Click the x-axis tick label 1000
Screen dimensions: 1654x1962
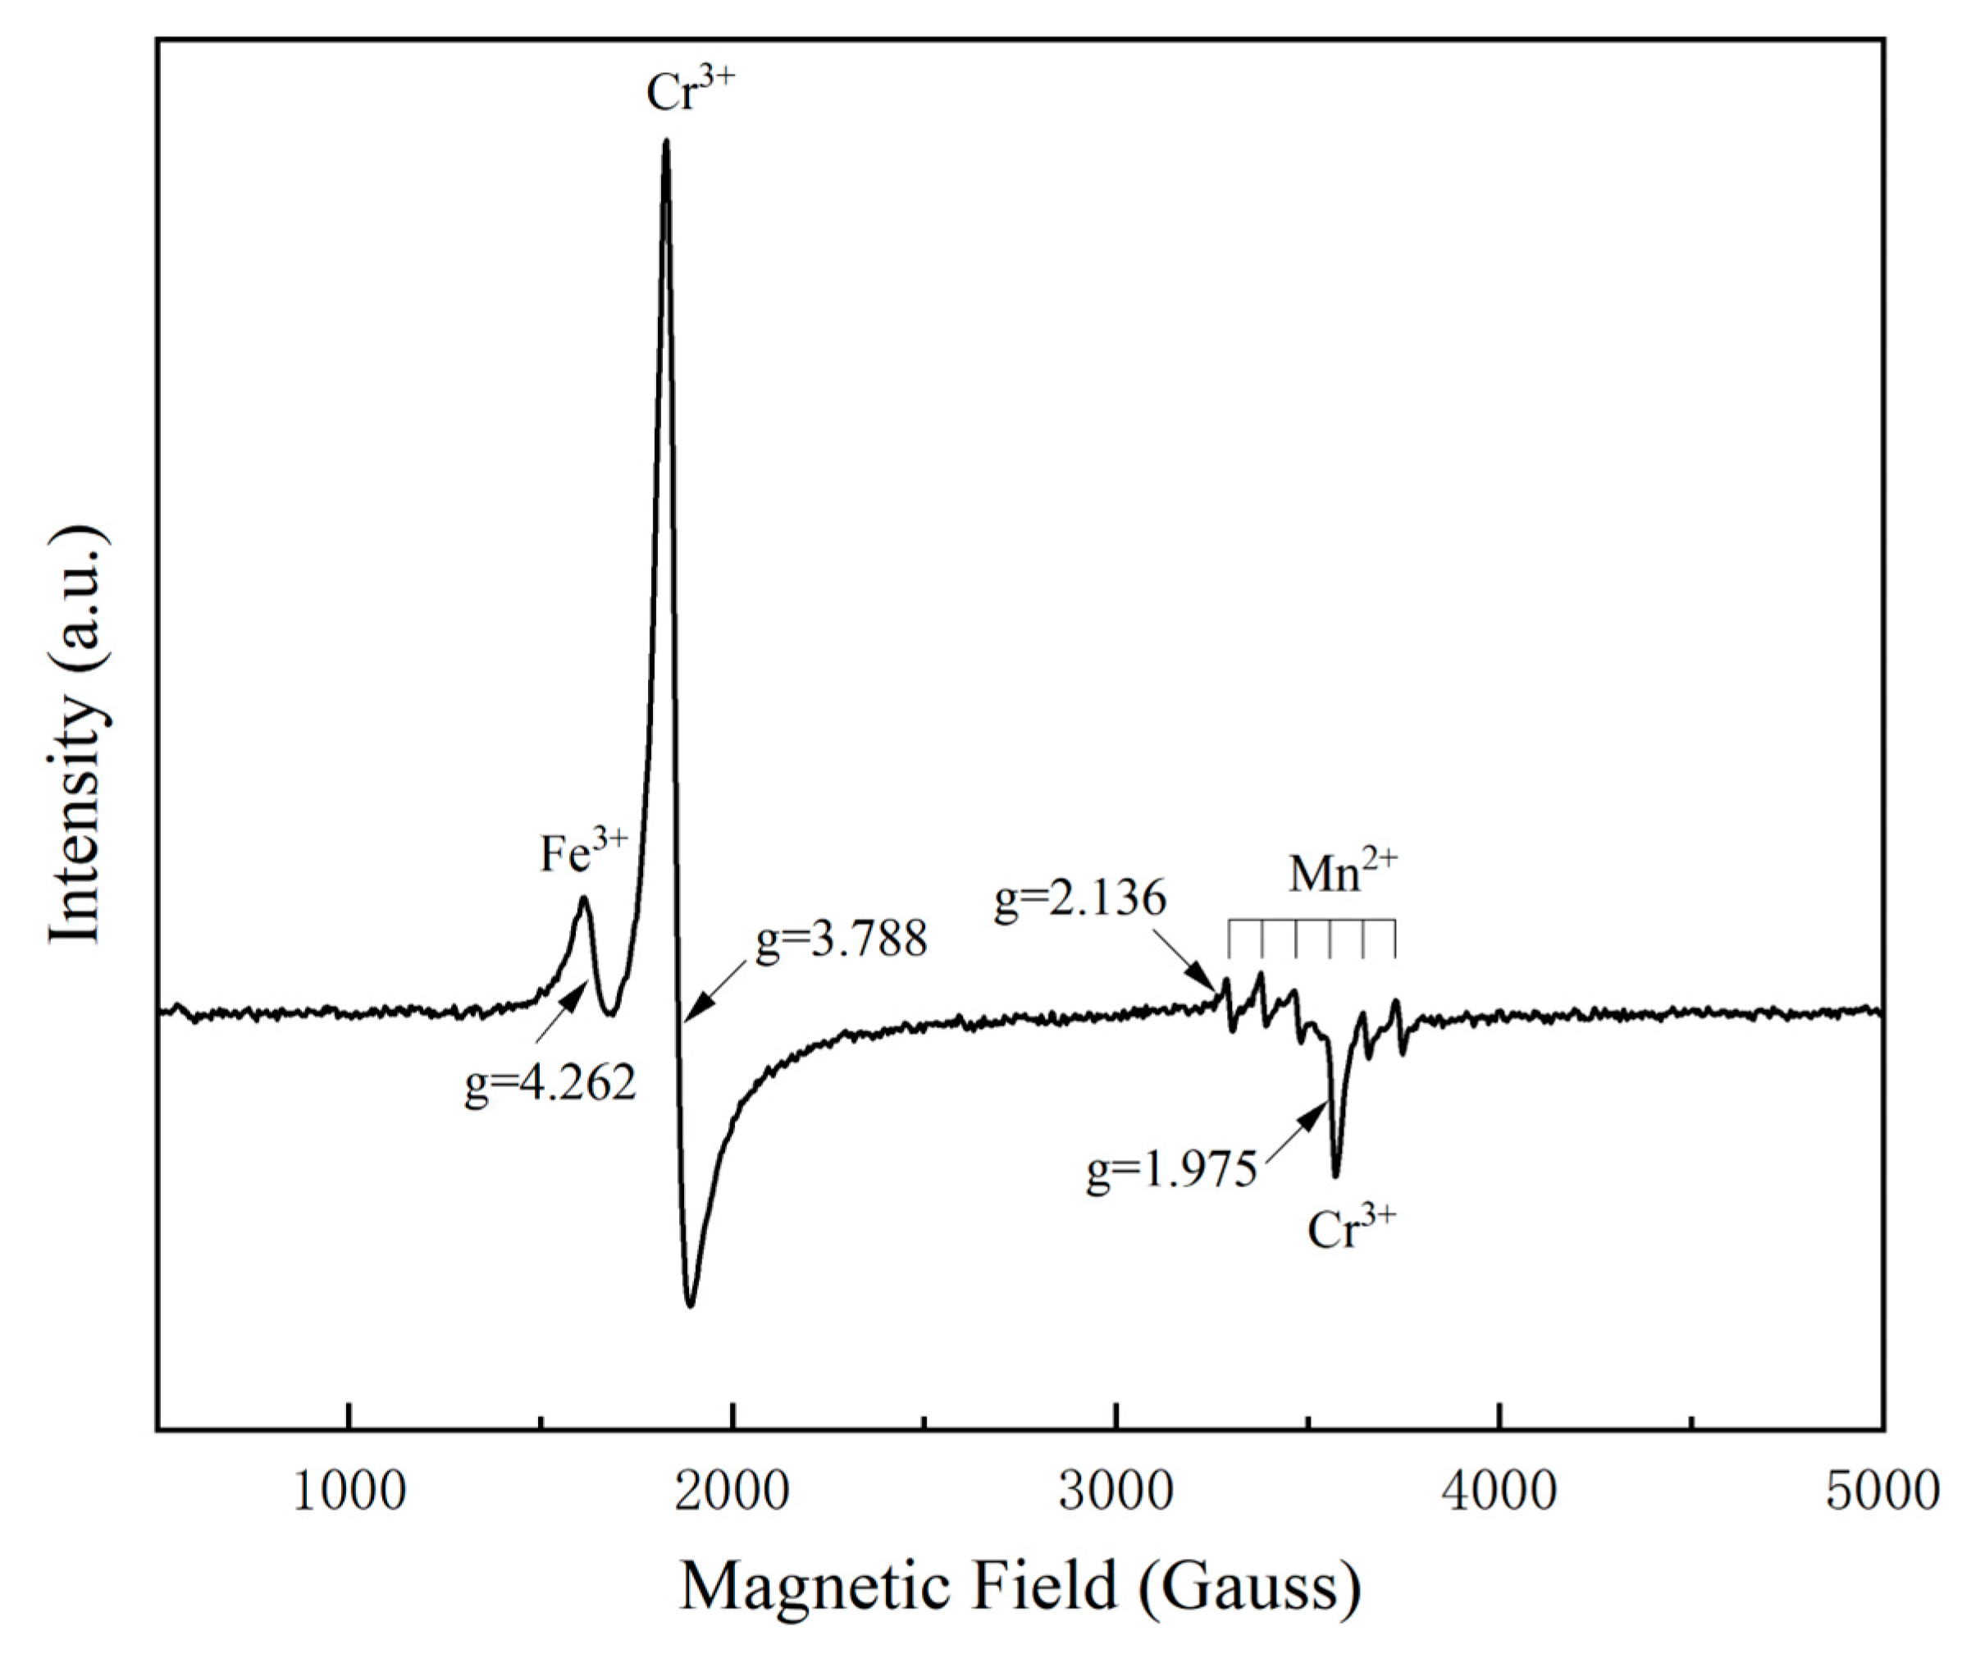pyautogui.click(x=349, y=1490)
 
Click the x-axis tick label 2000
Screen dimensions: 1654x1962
pyautogui.click(x=732, y=1490)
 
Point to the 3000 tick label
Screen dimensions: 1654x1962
pyautogui.click(x=1116, y=1490)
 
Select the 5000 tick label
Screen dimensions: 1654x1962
pyautogui.click(x=1882, y=1490)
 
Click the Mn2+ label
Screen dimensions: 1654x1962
pyautogui.click(x=1343, y=872)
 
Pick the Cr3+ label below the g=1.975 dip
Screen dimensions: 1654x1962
pyautogui.click(x=1352, y=1228)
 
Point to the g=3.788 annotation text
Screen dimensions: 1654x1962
pyautogui.click(x=841, y=939)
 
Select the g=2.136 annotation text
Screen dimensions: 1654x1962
pyautogui.click(x=1080, y=899)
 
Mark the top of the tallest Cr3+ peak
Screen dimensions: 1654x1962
pyautogui.click(x=665, y=143)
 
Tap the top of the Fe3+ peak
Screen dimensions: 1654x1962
pyautogui.click(x=583, y=898)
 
